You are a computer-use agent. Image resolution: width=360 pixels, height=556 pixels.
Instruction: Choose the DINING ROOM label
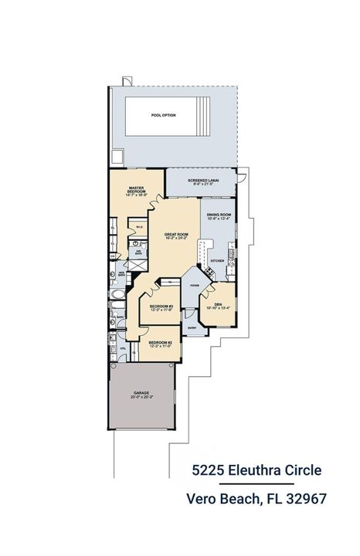[x=219, y=215]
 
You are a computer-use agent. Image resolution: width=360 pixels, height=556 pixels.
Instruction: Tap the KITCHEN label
[x=218, y=261]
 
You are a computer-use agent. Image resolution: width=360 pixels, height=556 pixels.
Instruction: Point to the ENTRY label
[x=191, y=327]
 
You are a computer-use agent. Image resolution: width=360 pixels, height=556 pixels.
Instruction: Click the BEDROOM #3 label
[x=161, y=308]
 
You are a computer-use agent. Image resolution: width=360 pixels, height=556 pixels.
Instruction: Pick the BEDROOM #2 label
[x=160, y=343]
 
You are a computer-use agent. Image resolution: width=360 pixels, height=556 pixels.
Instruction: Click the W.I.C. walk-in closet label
[x=140, y=226]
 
